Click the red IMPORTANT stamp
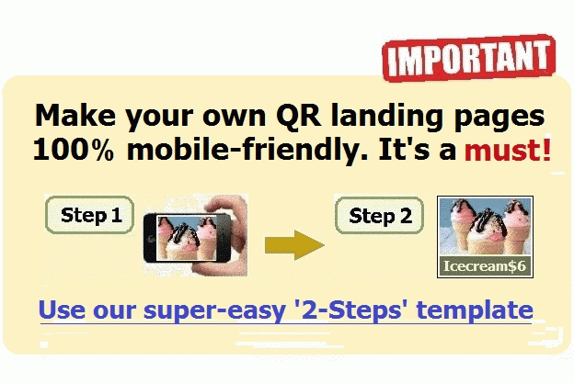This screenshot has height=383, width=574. [x=468, y=58]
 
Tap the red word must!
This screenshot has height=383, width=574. [x=508, y=150]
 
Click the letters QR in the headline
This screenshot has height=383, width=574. [x=298, y=116]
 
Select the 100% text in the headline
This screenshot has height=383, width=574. [x=74, y=150]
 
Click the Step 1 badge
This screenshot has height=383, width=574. [x=90, y=215]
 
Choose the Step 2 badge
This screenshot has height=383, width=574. [x=379, y=216]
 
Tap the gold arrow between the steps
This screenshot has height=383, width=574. [x=294, y=245]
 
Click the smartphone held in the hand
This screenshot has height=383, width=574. [x=187, y=238]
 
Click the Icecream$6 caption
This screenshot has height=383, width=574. [x=485, y=266]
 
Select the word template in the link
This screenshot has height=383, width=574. [x=475, y=310]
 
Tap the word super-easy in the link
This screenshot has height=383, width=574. [x=214, y=310]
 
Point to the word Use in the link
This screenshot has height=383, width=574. [x=62, y=310]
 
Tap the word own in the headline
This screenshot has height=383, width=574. [x=235, y=118]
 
